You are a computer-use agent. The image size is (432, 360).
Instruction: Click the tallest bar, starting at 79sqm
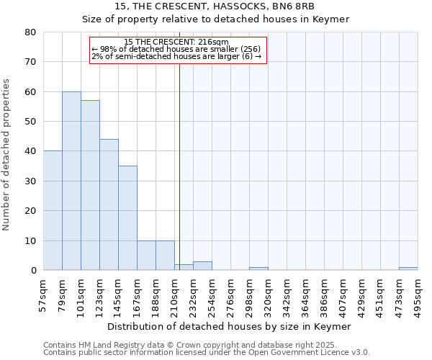coord(71,181)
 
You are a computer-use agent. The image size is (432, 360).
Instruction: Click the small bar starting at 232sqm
coord(202,266)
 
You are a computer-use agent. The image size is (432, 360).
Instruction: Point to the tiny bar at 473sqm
coord(408,269)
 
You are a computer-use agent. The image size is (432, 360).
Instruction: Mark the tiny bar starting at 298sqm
coord(258,269)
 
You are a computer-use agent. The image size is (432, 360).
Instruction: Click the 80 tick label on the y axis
coord(30,32)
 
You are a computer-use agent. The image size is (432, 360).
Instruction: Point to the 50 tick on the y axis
coord(30,122)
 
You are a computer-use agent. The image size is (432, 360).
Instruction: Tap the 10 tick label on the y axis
coord(30,240)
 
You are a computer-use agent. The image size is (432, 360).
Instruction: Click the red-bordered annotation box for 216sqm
coord(178,50)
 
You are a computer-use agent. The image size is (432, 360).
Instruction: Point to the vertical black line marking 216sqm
coord(179,166)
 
